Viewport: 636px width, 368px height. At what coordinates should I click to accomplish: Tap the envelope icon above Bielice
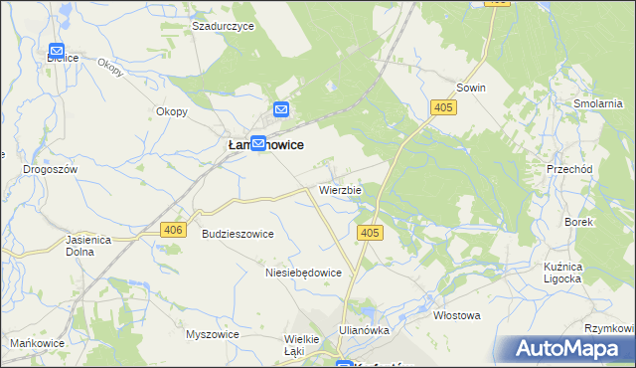[x=57, y=50]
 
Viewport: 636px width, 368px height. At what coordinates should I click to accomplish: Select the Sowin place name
[x=471, y=88]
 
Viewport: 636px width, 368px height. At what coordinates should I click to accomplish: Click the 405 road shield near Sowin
[x=443, y=106]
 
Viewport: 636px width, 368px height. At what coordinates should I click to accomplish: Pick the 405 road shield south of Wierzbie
[x=369, y=233]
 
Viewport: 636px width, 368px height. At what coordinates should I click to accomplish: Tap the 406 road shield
[x=173, y=230]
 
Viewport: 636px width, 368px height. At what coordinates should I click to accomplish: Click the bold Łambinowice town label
[x=260, y=145]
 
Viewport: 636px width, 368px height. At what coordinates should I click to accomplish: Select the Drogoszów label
[x=50, y=170]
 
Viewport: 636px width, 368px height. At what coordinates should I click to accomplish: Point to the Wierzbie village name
[x=340, y=189]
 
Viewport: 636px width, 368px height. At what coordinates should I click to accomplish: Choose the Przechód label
[x=569, y=170]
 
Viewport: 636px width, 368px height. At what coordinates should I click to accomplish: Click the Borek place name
[x=578, y=222]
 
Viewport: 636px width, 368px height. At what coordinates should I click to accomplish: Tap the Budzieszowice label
[x=238, y=234]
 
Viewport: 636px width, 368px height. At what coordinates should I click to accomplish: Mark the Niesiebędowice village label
[x=304, y=273]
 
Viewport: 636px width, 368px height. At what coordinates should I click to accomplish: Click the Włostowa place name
[x=457, y=315]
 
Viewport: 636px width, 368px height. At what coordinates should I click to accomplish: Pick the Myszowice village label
[x=213, y=334]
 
